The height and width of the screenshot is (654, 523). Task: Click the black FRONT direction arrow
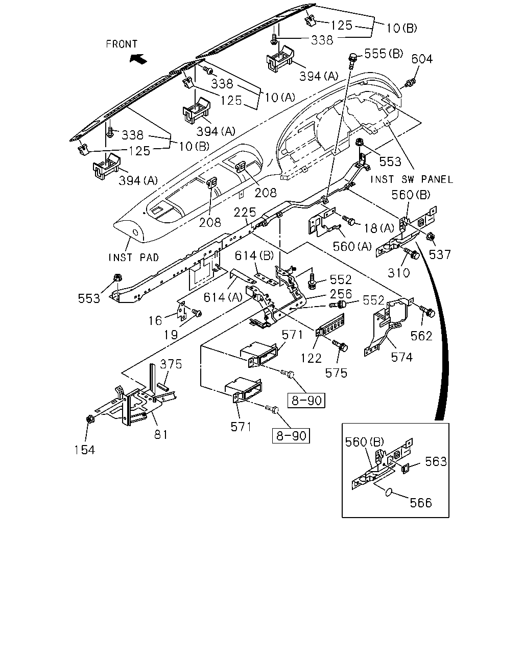(x=138, y=58)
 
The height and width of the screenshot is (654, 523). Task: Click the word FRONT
(x=122, y=44)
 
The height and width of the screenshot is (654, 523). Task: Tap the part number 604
(x=422, y=59)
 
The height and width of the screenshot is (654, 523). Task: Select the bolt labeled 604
(x=410, y=82)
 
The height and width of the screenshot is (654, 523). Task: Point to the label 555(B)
(x=384, y=54)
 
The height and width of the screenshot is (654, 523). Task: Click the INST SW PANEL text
(x=412, y=180)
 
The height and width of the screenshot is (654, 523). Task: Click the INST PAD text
(x=134, y=258)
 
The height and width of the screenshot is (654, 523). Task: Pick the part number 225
(x=245, y=212)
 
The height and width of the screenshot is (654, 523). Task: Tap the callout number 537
(x=440, y=254)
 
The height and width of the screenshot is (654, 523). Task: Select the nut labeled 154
(x=90, y=419)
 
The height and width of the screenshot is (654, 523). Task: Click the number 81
(x=161, y=435)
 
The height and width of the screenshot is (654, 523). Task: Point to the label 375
(x=171, y=364)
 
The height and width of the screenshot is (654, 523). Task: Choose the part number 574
(x=402, y=357)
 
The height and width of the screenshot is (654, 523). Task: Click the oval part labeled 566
(x=389, y=492)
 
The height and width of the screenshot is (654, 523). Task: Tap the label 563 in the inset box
(x=436, y=461)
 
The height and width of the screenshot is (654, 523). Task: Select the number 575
(x=336, y=373)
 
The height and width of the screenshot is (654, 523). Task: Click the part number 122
(x=311, y=359)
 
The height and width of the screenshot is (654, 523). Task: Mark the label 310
(x=399, y=273)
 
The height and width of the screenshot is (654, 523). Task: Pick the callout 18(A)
(x=379, y=228)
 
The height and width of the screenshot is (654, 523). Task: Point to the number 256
(x=341, y=294)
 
